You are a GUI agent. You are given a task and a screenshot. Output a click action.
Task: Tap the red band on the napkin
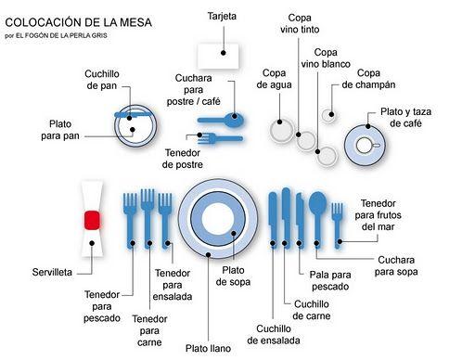click(92, 220)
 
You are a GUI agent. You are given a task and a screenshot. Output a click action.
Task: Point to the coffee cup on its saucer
click(365, 146)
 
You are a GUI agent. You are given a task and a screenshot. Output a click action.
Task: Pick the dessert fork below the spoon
click(219, 138)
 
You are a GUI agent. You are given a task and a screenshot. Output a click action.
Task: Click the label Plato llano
click(207, 348)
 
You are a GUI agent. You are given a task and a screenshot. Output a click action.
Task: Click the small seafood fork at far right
click(338, 221)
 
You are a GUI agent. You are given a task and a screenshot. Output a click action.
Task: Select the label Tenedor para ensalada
click(173, 285)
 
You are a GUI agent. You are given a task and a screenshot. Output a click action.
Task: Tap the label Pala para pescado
click(329, 281)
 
